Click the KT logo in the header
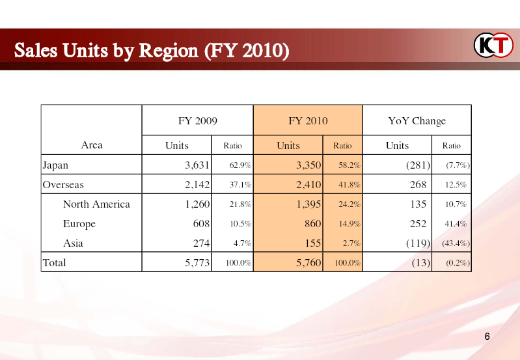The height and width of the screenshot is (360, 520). [493, 45]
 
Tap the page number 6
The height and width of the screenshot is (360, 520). [487, 337]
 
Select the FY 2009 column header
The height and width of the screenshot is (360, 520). [198, 121]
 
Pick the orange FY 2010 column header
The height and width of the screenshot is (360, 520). [308, 121]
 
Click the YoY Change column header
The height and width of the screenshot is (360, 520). [417, 121]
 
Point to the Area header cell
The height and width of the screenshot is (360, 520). [92, 145]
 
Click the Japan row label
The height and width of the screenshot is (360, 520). [55, 165]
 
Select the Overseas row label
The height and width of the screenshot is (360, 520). [63, 184]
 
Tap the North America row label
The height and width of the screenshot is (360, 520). [96, 204]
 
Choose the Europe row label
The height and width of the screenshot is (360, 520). [79, 224]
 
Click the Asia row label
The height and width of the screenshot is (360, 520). [73, 243]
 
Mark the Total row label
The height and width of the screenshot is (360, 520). [55, 263]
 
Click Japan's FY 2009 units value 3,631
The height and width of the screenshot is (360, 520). [197, 165]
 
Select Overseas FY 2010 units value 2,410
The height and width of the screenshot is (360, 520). [308, 184]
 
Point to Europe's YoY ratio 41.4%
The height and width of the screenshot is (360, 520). [456, 224]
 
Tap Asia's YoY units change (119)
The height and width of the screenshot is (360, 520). [418, 243]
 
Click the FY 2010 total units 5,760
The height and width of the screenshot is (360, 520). [308, 263]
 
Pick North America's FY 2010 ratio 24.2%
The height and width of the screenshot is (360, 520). [349, 204]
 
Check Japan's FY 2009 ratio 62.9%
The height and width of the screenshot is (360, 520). [240, 165]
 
